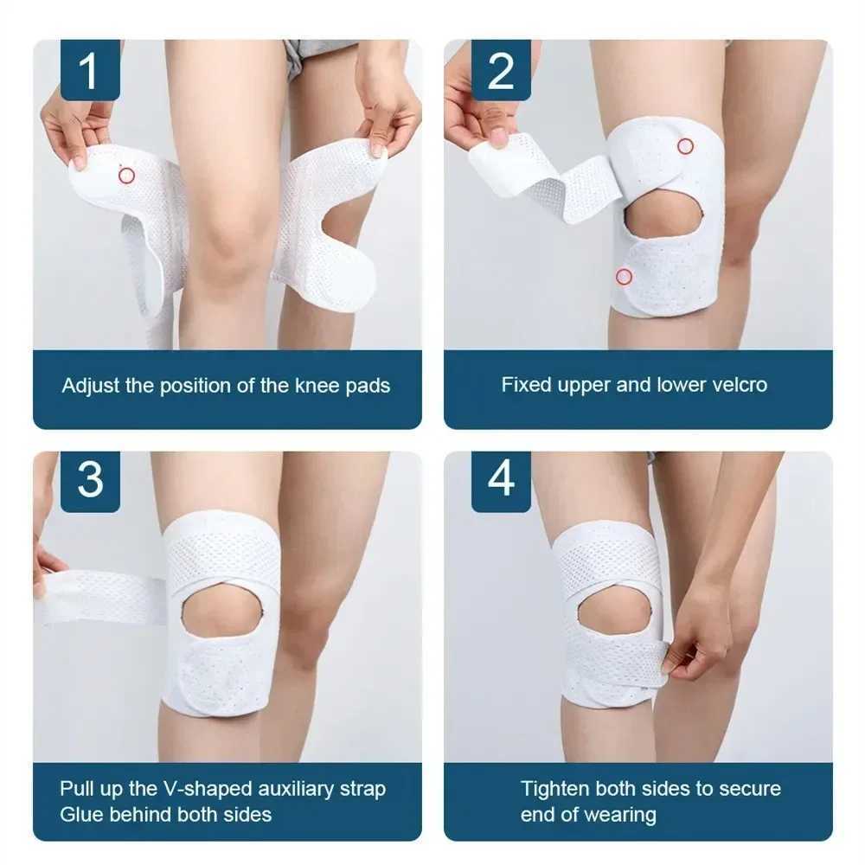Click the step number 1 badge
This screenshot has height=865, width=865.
coord(90,70)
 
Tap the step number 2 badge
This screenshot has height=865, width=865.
coord(501,70)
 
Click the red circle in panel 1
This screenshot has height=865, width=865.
coord(127,176)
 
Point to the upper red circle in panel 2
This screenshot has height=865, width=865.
coord(685,146)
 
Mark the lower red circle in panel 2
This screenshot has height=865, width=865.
coord(624,277)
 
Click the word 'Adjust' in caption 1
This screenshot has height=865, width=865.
coord(91,386)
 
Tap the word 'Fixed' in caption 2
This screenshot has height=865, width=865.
coord(524,385)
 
